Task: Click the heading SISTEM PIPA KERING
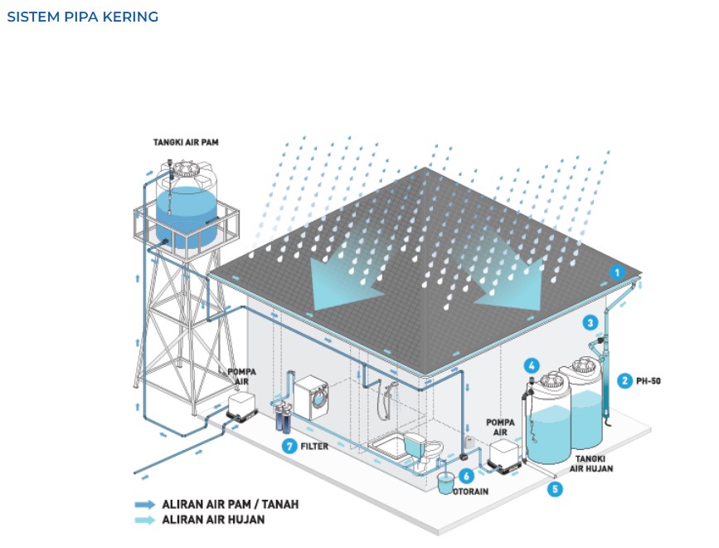[x=82, y=17]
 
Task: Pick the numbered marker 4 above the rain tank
[x=532, y=365]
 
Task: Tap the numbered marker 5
[x=554, y=489]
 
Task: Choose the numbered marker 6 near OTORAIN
[x=466, y=476]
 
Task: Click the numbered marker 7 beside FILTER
[x=289, y=446]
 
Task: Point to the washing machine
[x=313, y=399]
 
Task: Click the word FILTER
[x=314, y=446]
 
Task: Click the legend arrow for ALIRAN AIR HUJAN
[x=145, y=520]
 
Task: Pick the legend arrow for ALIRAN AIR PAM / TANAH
[x=145, y=504]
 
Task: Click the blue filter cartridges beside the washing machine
[x=282, y=417]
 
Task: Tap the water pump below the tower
[x=243, y=407]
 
